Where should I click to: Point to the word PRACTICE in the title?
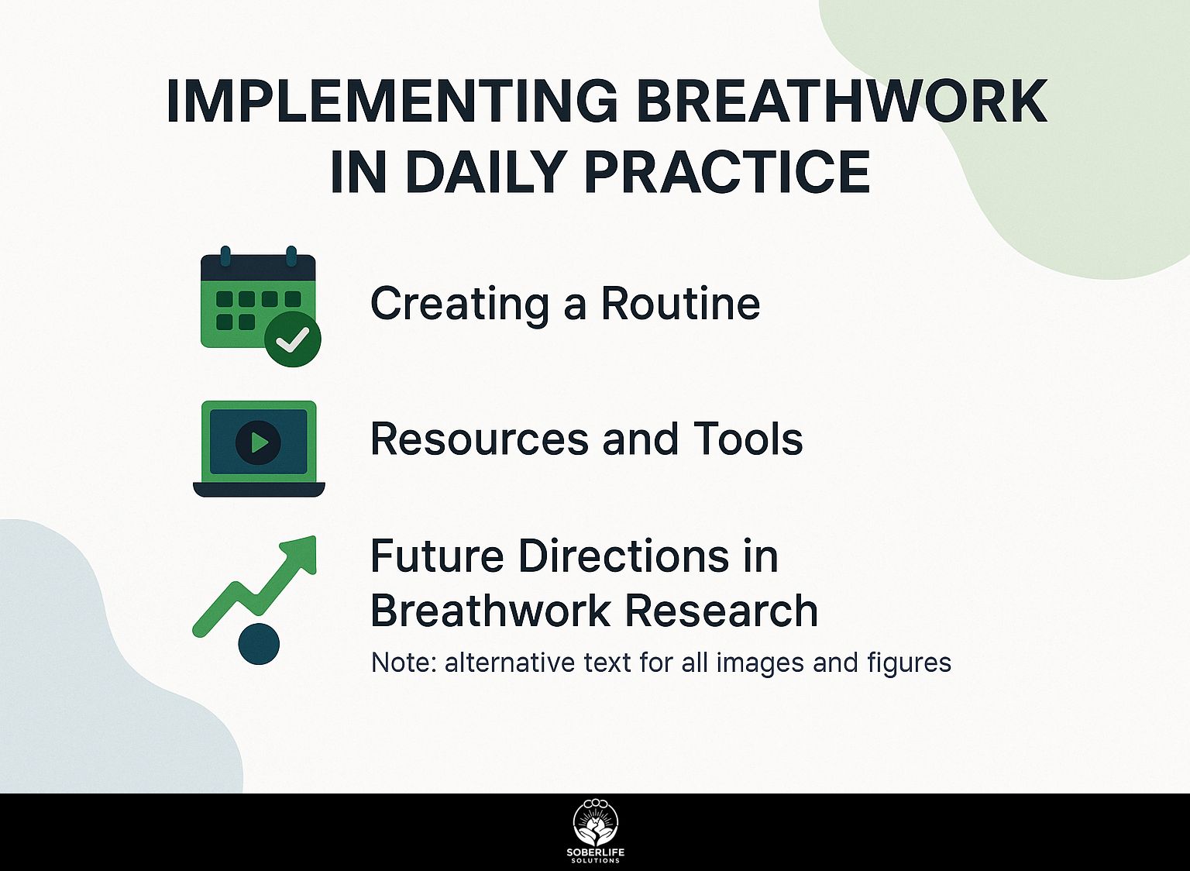click(727, 172)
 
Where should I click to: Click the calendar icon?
click(260, 305)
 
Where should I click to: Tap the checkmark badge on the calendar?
click(293, 339)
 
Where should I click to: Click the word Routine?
click(680, 303)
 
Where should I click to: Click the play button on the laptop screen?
click(258, 442)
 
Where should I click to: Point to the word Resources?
click(480, 439)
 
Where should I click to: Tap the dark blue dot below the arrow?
click(259, 643)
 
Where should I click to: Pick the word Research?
click(721, 611)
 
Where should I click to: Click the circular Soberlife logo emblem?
click(596, 825)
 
